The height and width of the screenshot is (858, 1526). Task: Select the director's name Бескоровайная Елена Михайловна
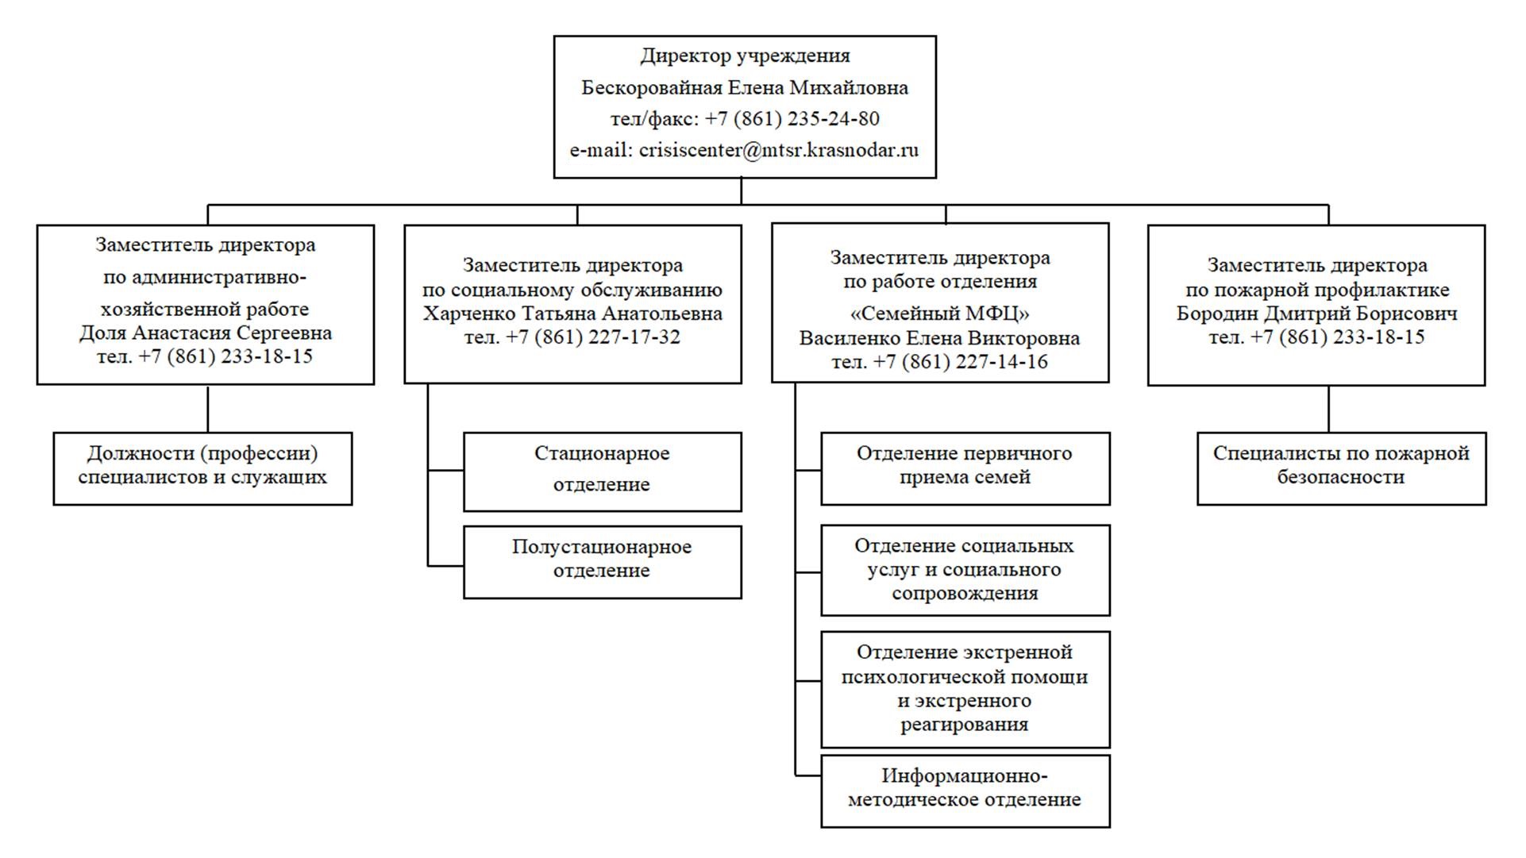tap(744, 88)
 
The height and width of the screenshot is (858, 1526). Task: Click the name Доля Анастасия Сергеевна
tap(205, 333)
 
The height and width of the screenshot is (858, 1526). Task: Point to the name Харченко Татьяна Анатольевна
tap(572, 314)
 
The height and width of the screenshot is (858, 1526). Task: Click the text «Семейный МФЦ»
tap(939, 314)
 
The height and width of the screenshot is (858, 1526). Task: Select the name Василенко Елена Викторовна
tap(939, 338)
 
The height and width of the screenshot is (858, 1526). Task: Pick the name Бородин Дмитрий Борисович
tap(1316, 314)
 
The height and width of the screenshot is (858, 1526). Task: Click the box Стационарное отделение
tap(602, 471)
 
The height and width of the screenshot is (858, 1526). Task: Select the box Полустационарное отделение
tap(602, 560)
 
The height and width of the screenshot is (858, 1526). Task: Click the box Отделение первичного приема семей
tap(965, 467)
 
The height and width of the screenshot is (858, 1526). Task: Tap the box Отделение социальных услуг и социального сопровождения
tap(965, 569)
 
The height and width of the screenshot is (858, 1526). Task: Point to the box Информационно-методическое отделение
tap(965, 790)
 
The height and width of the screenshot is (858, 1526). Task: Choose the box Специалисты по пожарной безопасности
tap(1341, 467)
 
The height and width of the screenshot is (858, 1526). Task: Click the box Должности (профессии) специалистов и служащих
tap(202, 467)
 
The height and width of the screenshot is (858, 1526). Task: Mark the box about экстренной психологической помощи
tap(965, 688)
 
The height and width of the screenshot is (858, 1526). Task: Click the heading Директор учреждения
tap(745, 56)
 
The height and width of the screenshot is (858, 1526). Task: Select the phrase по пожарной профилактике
tap(1316, 290)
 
